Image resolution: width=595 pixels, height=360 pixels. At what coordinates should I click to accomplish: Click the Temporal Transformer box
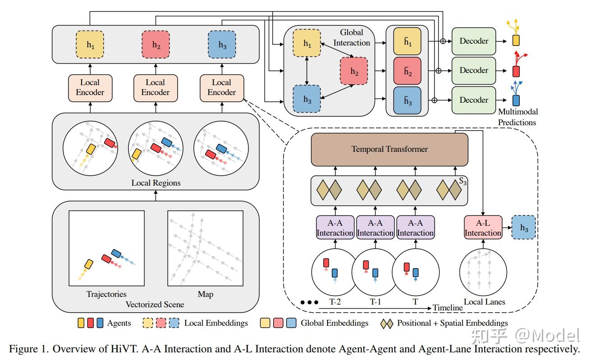[389, 149]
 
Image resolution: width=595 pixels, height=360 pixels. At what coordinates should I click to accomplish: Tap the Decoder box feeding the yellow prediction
[473, 41]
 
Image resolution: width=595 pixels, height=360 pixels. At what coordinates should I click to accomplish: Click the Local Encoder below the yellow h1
[90, 87]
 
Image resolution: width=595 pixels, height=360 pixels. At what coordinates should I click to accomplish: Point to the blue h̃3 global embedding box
[407, 100]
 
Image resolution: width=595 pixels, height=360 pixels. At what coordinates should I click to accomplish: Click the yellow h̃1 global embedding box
[407, 41]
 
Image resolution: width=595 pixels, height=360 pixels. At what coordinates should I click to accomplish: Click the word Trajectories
[106, 294]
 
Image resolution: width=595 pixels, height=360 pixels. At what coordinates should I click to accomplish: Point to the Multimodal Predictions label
[518, 117]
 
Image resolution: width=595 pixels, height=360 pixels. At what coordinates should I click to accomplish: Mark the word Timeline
[448, 308]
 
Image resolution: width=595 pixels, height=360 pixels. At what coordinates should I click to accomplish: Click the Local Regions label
[156, 183]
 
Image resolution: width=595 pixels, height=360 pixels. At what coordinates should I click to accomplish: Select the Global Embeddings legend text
[334, 323]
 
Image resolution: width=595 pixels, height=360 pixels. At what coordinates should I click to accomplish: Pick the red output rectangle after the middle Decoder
[516, 71]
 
